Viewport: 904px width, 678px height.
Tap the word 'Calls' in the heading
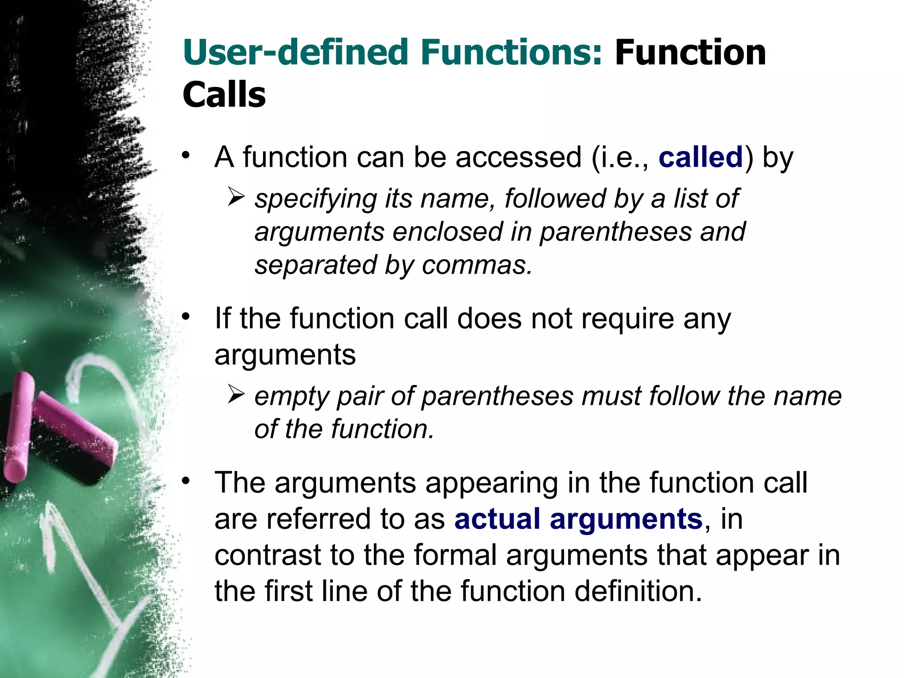pyautogui.click(x=224, y=95)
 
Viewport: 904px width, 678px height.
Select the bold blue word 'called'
pyautogui.click(x=701, y=157)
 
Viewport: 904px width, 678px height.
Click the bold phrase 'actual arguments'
pyautogui.click(x=578, y=519)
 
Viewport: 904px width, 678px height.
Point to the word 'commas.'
pyautogui.click(x=477, y=265)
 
